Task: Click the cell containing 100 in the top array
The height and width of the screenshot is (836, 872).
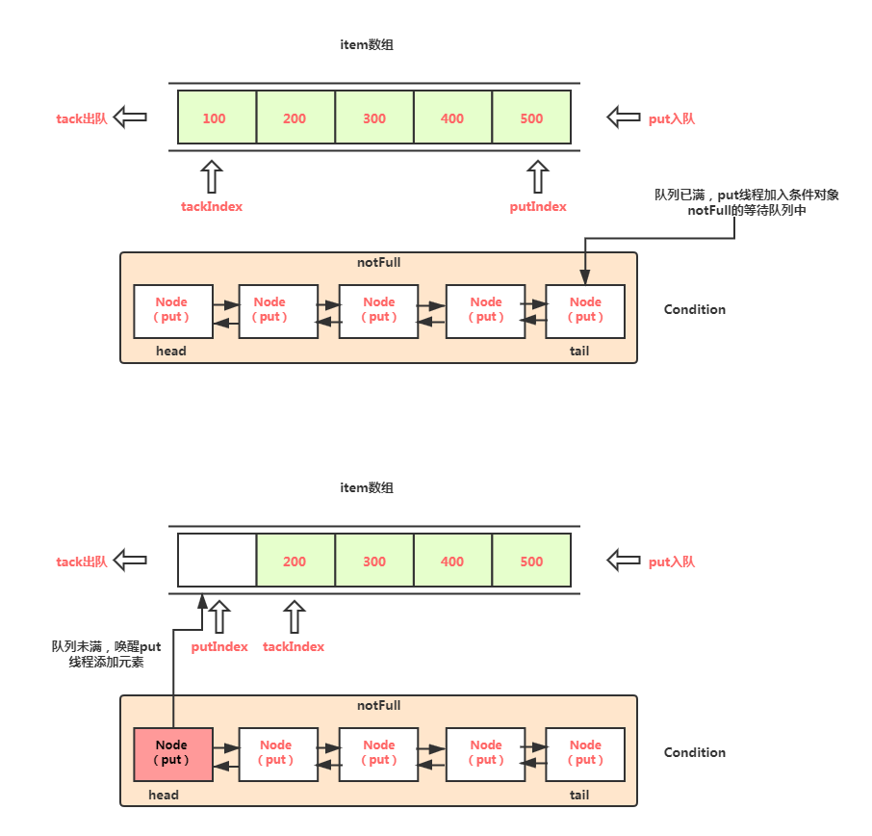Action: tap(217, 117)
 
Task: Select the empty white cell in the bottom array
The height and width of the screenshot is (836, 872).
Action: tap(217, 560)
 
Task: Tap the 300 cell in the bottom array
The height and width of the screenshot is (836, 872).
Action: tap(374, 560)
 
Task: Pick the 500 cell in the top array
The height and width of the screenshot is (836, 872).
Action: tap(531, 117)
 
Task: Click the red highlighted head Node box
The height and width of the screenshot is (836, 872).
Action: tap(173, 754)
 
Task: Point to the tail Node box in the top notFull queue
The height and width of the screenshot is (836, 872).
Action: tap(585, 311)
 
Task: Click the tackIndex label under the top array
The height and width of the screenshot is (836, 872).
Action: tap(212, 206)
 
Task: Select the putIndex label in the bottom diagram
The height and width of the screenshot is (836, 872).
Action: tap(219, 647)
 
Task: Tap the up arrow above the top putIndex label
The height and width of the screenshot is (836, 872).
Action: tap(538, 176)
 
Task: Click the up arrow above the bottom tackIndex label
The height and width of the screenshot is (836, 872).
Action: tap(295, 616)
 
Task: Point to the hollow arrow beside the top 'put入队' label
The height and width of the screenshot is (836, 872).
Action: tap(624, 117)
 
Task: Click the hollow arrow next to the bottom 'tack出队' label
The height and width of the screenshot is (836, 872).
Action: tap(130, 560)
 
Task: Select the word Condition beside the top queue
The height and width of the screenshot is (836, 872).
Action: tap(695, 309)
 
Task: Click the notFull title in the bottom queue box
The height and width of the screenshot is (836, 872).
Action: tap(378, 705)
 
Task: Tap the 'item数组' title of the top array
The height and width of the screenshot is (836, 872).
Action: tap(367, 44)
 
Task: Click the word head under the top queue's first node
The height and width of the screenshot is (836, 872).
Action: tap(170, 351)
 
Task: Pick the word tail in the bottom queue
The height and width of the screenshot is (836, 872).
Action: tap(578, 795)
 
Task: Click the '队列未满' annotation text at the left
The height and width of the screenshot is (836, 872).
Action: tap(106, 654)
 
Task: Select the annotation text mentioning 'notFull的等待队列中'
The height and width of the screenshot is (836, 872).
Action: tap(746, 202)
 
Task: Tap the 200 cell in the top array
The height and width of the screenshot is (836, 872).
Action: tap(295, 117)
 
